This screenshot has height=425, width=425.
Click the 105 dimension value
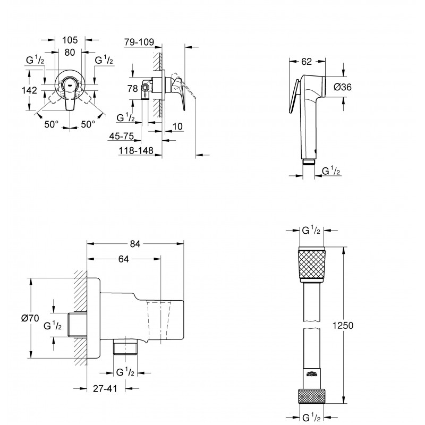[x=70, y=40]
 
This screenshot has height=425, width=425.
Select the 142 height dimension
[x=30, y=90]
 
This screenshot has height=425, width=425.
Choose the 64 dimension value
[x=124, y=259]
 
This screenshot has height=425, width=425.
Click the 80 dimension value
[x=70, y=53]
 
